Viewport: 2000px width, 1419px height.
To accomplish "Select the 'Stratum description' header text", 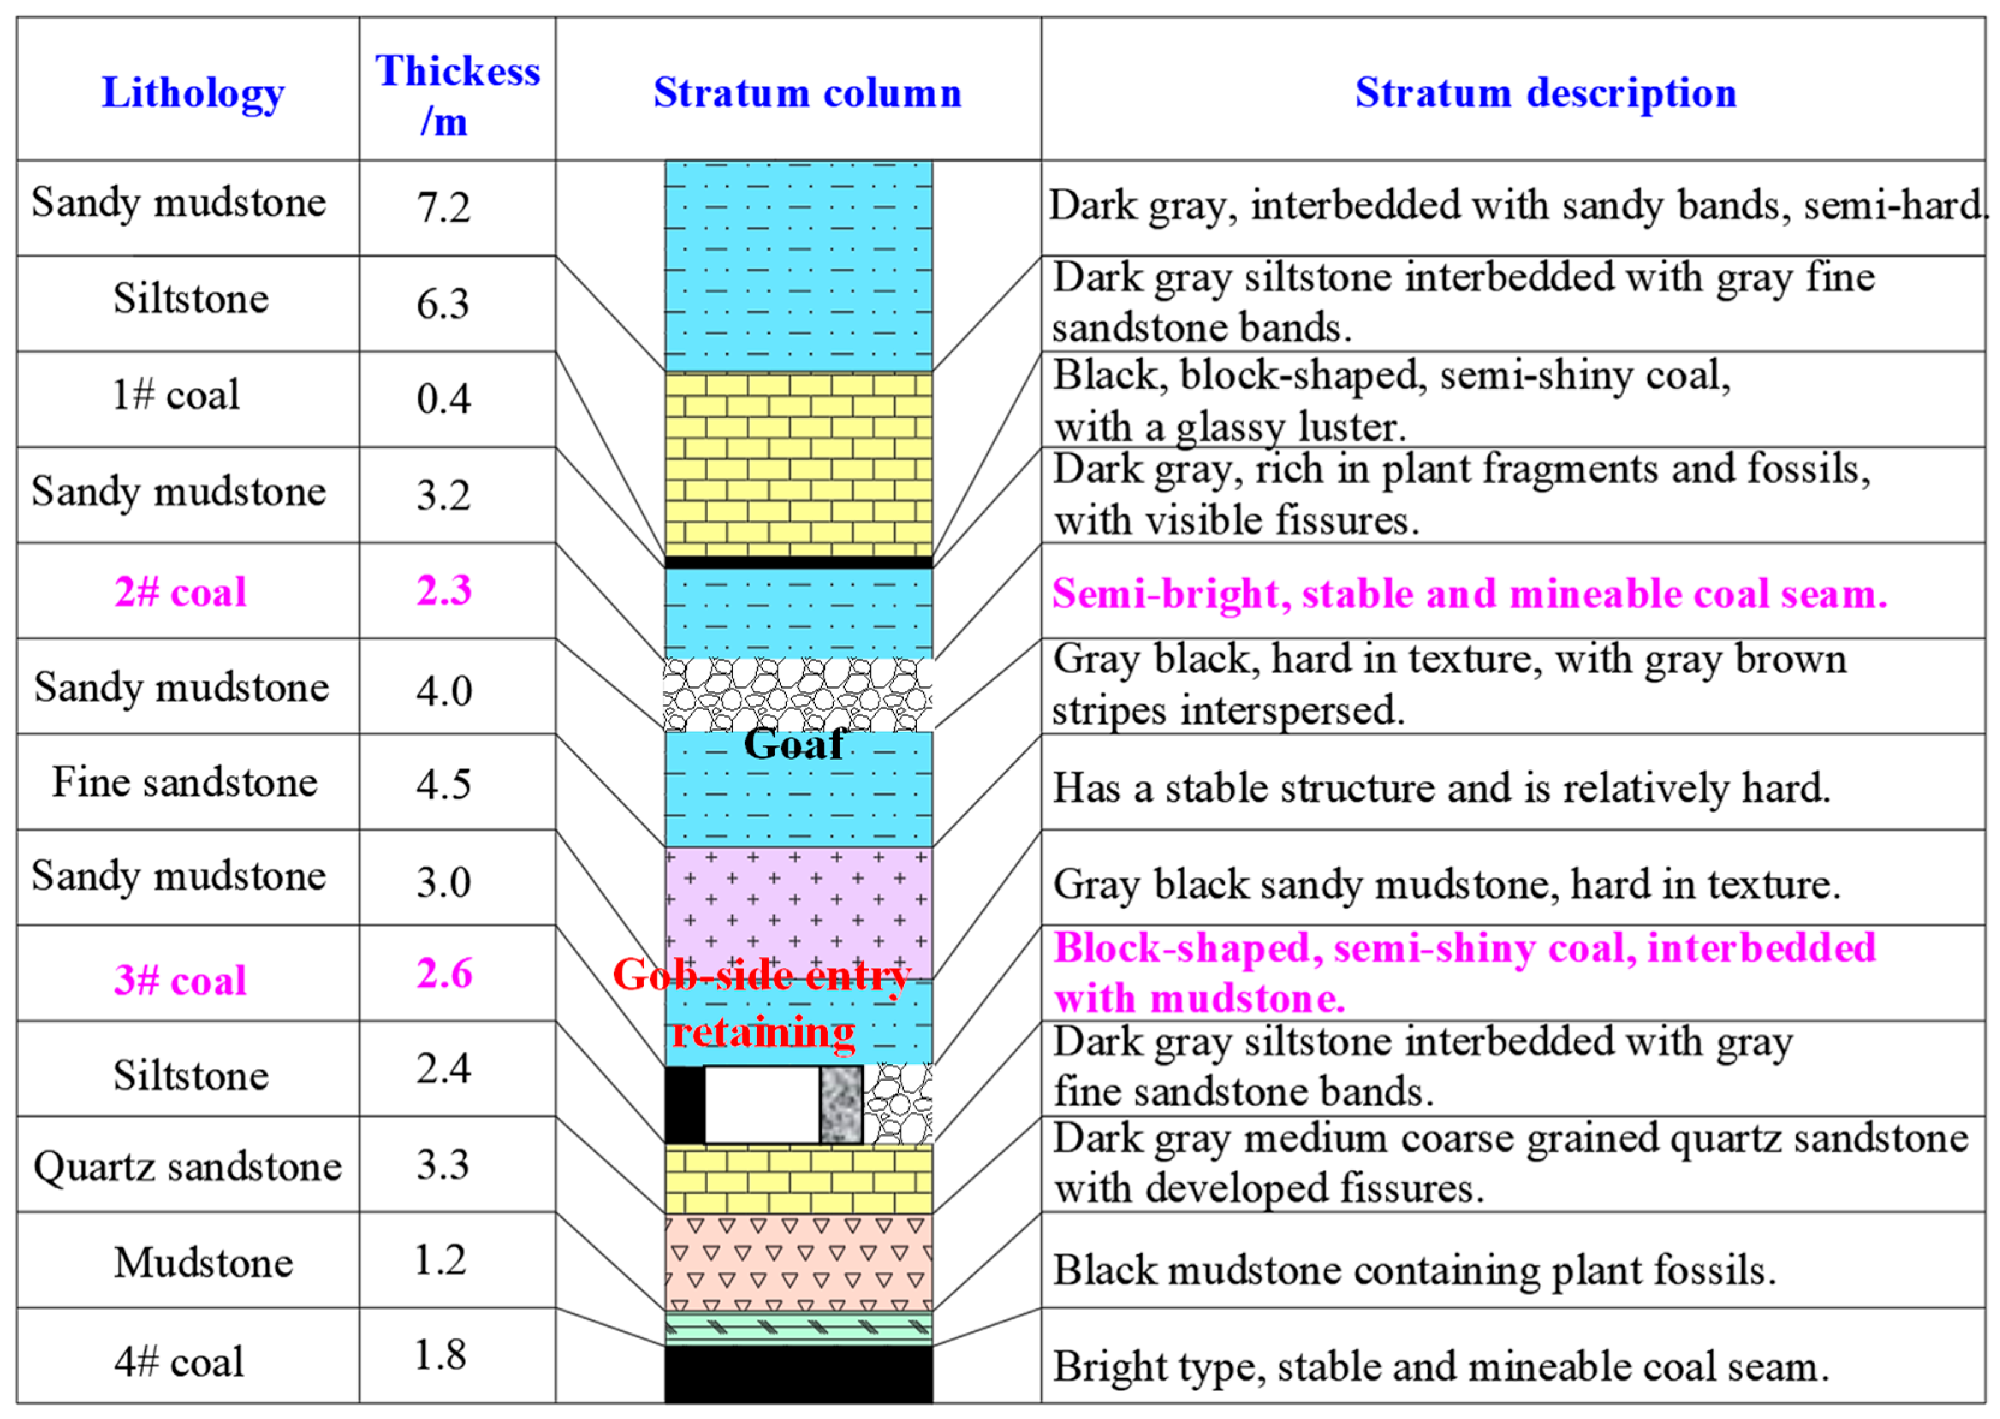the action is tap(1545, 93).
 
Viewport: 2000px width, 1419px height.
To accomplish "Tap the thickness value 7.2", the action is tap(443, 208).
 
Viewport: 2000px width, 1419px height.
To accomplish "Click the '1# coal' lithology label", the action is tap(176, 395).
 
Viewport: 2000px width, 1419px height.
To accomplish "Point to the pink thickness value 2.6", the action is tap(444, 974).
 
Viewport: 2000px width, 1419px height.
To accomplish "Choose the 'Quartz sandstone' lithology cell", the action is tap(187, 1167).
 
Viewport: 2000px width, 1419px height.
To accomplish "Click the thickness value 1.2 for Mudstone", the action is tap(441, 1260).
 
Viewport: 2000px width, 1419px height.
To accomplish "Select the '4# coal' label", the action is tap(179, 1361).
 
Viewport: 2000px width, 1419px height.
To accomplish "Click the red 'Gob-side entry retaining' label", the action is tap(762, 1003).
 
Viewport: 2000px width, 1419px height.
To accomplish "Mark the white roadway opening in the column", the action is tap(762, 1105).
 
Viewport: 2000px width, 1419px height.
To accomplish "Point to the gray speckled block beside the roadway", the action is tap(840, 1105).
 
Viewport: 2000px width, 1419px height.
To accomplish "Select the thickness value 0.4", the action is tap(443, 399).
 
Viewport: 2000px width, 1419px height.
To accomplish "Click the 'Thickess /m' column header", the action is tap(457, 94).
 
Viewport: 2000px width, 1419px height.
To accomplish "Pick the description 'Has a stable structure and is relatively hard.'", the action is tap(1441, 788).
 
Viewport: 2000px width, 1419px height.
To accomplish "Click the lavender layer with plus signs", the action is tap(798, 909).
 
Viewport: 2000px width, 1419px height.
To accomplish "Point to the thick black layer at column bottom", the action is tap(798, 1375).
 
